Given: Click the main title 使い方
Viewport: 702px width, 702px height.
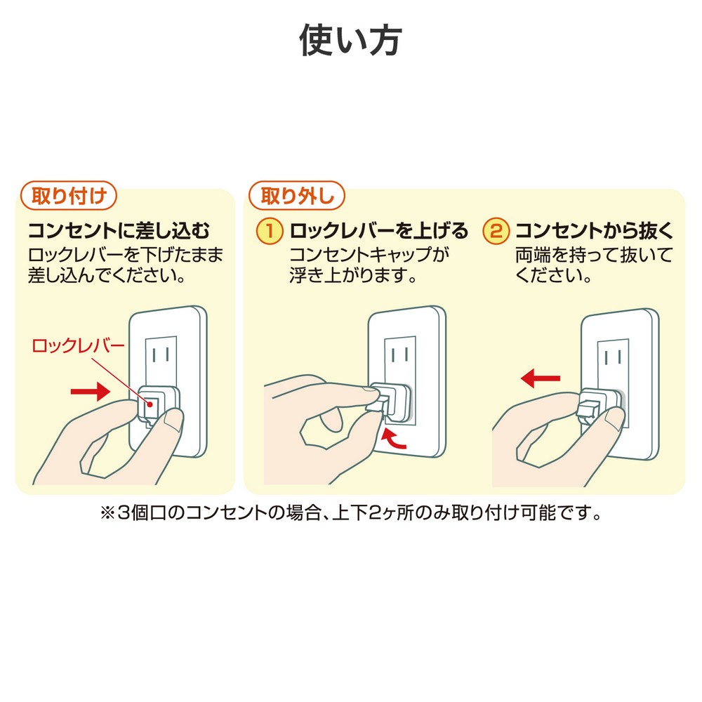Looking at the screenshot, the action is click(350, 40).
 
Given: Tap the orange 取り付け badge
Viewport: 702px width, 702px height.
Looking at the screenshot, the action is click(69, 196).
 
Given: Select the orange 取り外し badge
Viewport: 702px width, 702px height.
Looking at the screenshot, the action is click(297, 196).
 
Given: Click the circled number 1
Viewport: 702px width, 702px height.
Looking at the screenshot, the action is click(270, 231).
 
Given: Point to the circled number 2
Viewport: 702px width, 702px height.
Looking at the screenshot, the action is click(496, 231).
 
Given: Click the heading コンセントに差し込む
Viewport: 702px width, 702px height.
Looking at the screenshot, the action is click(119, 230).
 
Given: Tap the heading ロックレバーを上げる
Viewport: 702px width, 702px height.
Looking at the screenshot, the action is click(379, 230).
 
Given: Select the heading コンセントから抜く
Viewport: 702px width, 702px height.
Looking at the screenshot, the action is click(595, 230).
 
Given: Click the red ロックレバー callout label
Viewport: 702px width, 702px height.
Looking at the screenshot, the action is click(78, 346).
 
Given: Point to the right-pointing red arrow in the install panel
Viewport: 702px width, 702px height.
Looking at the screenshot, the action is click(91, 392).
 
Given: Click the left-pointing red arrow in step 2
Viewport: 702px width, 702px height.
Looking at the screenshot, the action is click(541, 378).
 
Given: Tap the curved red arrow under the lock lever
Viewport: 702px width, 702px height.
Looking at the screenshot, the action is click(394, 439).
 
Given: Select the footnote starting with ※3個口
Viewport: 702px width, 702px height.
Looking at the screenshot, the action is click(351, 513).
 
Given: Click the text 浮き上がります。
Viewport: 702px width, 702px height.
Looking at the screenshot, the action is click(353, 275).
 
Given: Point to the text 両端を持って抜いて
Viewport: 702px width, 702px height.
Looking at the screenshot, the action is click(594, 256).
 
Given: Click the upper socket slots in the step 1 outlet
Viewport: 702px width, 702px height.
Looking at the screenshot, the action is click(400, 356).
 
